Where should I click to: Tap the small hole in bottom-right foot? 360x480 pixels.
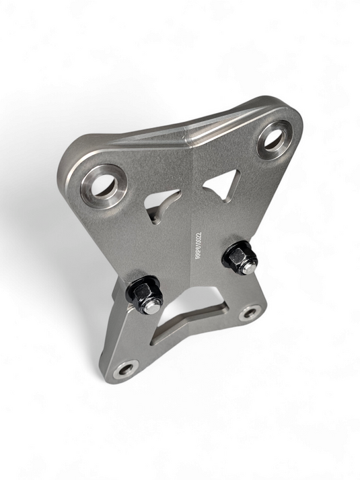tap(251, 312)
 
